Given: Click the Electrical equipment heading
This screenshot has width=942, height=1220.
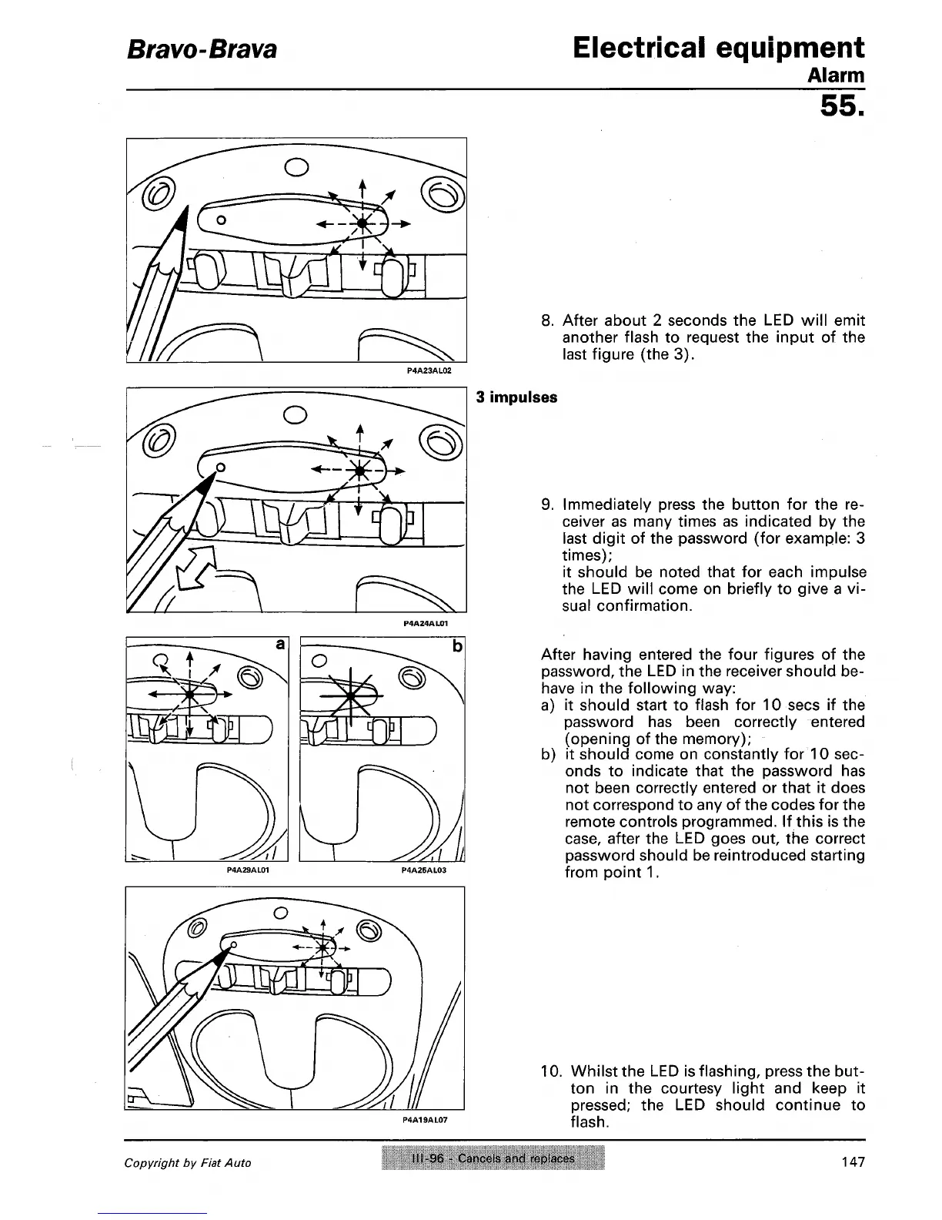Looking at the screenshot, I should [718, 48].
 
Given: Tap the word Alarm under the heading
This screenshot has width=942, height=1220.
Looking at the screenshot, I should [836, 76].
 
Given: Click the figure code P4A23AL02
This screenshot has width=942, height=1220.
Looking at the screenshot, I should [428, 370].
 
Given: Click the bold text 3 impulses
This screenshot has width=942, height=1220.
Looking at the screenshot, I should [516, 398].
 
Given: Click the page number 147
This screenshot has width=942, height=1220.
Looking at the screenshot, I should [853, 1161].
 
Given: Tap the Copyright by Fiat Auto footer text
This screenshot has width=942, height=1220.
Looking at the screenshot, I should [188, 1163].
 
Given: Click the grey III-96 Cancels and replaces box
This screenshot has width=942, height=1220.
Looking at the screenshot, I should [493, 1158].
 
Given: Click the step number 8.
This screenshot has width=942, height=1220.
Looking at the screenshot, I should [548, 320].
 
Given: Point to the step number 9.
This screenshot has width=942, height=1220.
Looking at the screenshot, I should [548, 505].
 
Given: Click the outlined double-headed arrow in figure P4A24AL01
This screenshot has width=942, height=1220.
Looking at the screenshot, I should [195, 568].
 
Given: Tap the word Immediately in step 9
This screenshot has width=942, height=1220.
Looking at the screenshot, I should [604, 505].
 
